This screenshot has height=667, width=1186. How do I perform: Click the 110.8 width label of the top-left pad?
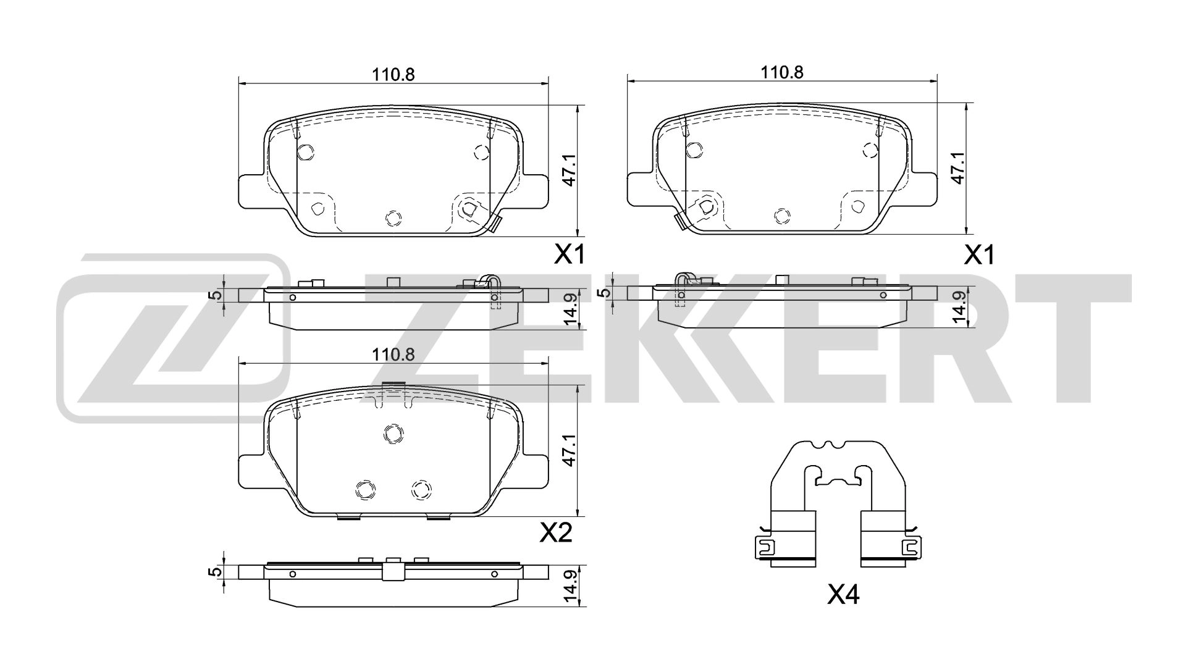[393, 74]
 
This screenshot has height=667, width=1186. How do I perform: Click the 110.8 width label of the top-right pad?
[781, 72]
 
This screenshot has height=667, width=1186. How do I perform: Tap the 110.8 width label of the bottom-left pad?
[393, 354]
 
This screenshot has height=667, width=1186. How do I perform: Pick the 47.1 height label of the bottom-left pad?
[568, 450]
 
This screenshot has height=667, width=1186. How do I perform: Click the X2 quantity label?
[556, 532]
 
